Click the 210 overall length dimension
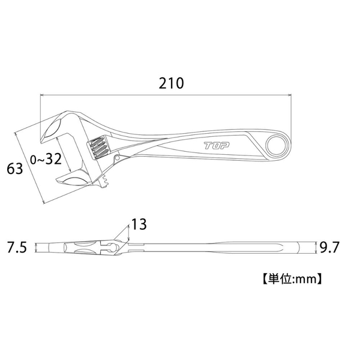point(171,83)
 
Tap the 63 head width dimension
point(14,169)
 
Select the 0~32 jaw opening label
point(46,158)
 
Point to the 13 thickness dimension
point(139,224)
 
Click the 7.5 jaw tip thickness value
point(17,247)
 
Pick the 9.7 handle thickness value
point(329,247)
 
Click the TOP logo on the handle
point(217,146)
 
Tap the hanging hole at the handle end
point(278,145)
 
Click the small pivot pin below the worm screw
point(118,157)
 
